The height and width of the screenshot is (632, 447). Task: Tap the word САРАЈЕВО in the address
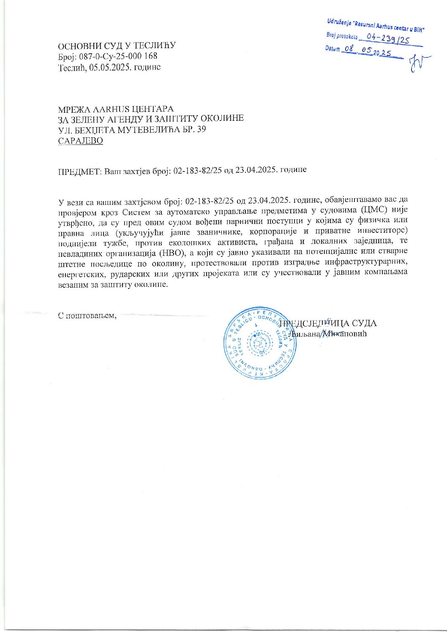point(80,141)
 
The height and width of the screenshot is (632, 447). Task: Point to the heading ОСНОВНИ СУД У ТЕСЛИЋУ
point(117,46)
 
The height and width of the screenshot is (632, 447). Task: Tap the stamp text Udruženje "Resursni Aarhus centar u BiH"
point(375,25)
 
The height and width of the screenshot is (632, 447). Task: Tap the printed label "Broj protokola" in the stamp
point(342,37)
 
